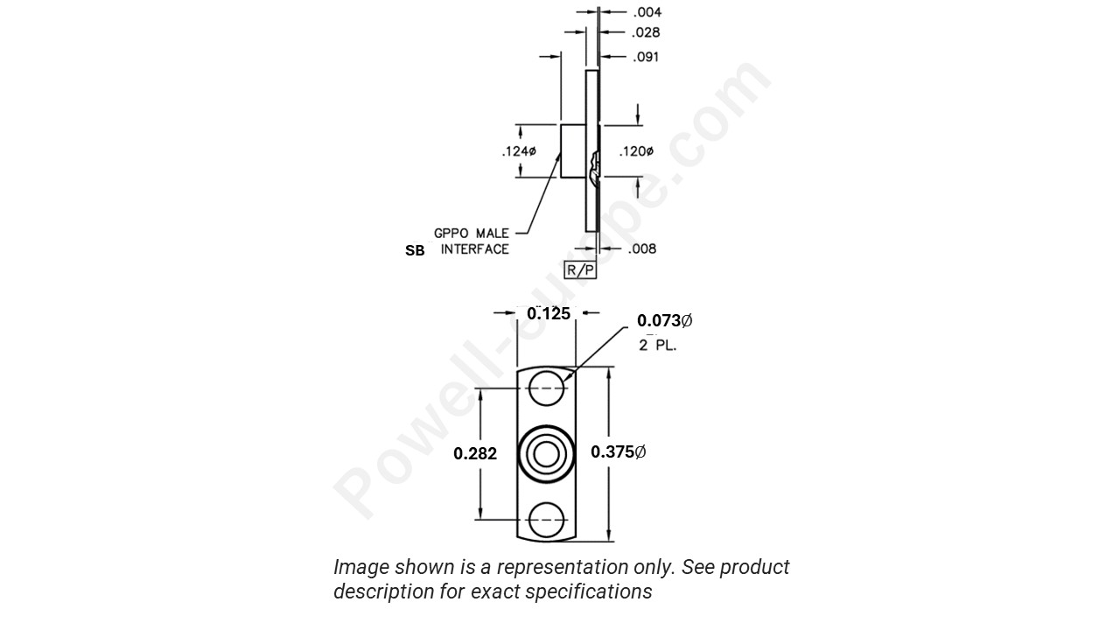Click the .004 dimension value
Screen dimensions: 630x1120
tap(647, 12)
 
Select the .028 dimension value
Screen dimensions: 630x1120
tap(647, 33)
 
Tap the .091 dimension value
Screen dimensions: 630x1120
tap(647, 58)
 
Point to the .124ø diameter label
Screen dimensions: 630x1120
tap(519, 152)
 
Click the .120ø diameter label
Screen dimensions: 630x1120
tap(636, 152)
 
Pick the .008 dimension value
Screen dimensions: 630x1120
tap(642, 249)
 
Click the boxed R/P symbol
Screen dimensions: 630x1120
tap(580, 270)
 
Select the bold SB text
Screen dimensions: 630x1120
tap(415, 250)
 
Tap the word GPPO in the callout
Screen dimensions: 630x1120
tap(451, 234)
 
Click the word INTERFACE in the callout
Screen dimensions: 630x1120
tap(474, 249)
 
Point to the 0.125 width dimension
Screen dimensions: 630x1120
tap(549, 313)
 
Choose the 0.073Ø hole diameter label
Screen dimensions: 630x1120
tap(664, 321)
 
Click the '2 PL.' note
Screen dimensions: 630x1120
tap(657, 345)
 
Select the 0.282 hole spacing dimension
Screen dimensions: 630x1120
tap(475, 453)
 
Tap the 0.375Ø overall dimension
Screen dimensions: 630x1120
tap(618, 452)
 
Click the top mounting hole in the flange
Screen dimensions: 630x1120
tap(547, 388)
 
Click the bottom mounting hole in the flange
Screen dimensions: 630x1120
tap(547, 520)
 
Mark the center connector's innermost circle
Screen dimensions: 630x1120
tap(547, 454)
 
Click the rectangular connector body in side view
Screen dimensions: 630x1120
tap(573, 151)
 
